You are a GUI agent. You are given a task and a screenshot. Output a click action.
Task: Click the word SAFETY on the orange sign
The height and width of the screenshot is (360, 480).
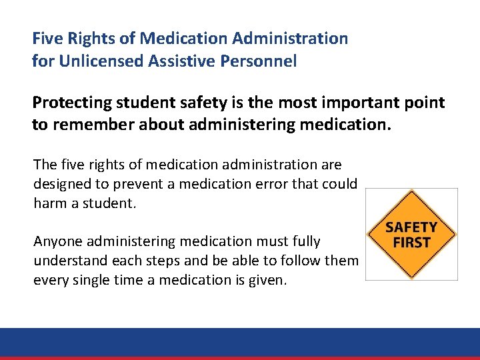click(411, 227)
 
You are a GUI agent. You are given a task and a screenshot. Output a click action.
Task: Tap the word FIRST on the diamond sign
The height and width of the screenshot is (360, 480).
click(411, 242)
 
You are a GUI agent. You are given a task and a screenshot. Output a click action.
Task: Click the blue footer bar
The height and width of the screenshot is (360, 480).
click(240, 341)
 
